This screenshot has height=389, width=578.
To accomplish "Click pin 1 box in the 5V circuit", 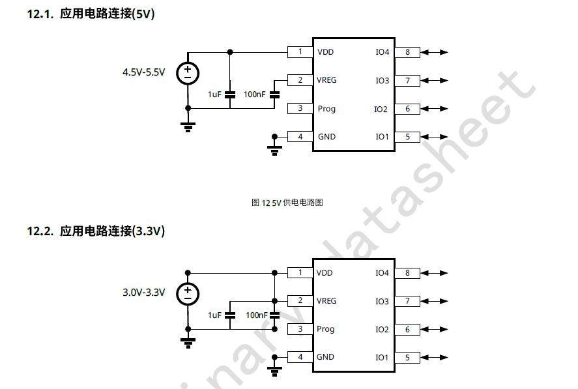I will point(300,51).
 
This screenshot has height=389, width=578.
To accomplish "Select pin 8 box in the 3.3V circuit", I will point(407,273).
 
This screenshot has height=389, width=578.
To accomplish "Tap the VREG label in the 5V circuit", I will point(326,80).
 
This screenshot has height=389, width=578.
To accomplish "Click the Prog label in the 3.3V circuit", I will point(326,329).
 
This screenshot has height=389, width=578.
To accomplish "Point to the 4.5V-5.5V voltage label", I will point(144,72).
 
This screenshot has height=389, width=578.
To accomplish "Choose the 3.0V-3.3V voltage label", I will point(144,293).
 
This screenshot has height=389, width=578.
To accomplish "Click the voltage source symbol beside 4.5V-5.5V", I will point(188,73).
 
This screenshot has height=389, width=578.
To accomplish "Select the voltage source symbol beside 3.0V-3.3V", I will point(188,293).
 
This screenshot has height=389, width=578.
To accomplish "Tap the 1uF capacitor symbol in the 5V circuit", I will point(229,94).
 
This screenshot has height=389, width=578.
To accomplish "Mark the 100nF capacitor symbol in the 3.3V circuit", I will point(274,315).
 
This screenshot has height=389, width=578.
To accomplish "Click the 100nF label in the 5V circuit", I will point(254,94).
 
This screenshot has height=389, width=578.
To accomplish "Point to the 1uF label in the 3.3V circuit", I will point(215,315).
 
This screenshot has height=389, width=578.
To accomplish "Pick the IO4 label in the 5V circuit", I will point(383,51).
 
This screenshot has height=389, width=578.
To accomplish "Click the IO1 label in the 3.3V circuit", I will point(382,358).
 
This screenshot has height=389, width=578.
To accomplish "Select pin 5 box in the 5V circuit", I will point(407,137).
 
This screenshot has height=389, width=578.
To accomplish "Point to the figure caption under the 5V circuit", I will point(287,203).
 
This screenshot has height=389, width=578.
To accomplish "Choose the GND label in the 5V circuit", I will point(326,137).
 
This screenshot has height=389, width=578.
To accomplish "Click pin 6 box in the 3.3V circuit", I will point(407,330).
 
